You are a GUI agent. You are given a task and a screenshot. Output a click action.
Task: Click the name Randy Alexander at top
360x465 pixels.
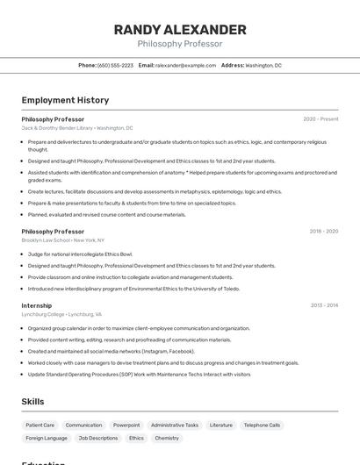coord(180,30)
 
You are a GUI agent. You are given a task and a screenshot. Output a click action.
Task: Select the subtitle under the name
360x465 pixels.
coord(180,44)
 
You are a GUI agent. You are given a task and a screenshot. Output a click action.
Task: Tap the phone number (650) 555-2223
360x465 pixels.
coord(115,65)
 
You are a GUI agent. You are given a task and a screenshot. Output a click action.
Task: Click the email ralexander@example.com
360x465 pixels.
coord(185,65)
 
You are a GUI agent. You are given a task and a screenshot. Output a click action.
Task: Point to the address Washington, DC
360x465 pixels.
coord(263,65)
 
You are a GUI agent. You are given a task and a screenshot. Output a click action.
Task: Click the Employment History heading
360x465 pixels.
coord(65,101)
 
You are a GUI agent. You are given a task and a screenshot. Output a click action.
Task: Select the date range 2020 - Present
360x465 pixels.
coord(320,119)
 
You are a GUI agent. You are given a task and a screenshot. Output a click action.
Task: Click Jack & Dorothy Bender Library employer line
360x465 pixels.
coord(77,128)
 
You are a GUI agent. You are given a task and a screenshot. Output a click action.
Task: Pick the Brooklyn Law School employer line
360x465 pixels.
coord(62,240)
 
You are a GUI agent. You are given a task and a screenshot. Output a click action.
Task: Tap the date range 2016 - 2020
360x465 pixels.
coord(323,232)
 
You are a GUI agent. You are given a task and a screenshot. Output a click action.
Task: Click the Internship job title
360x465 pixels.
coord(37,305)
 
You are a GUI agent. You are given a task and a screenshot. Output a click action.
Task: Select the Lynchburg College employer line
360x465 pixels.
coord(61,314)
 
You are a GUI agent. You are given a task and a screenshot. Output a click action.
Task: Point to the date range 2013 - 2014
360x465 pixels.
coord(324,305)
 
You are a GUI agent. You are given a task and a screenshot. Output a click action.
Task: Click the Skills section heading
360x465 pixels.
coord(32,401)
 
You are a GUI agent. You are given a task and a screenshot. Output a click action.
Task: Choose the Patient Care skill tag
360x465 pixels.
coord(40,425)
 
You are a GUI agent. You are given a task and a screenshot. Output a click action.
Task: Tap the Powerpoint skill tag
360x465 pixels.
coord(126,425)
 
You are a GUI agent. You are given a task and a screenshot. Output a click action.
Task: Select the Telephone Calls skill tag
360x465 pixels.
coord(262,425)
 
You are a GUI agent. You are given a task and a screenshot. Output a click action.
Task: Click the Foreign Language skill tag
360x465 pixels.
coord(47,438)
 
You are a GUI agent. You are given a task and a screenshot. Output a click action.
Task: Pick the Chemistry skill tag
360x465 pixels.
coord(167,438)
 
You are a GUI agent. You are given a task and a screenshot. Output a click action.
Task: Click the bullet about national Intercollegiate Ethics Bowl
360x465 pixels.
coord(80,254)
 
